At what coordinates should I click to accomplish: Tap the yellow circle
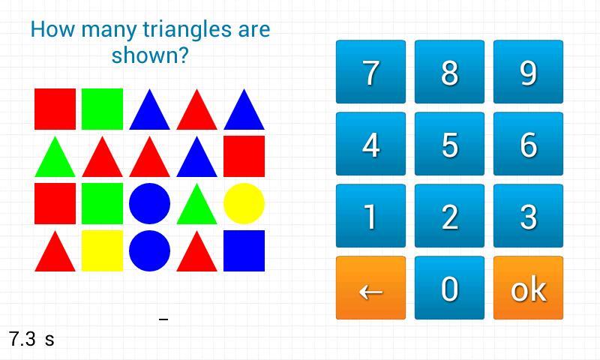244,203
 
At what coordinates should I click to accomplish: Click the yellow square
102,250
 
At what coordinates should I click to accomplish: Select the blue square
244,250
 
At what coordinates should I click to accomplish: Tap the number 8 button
449,71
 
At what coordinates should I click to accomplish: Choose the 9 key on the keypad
529,71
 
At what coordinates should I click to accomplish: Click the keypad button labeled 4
370,143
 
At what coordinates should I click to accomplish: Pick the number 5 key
449,143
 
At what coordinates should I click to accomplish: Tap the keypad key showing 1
370,216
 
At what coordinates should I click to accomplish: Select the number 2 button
449,216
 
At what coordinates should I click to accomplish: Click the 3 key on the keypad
529,216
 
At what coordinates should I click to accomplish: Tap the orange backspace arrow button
370,288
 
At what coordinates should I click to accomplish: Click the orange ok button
529,288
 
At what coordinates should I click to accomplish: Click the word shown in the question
150,55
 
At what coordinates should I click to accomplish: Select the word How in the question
52,29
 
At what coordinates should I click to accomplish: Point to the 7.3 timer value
22,339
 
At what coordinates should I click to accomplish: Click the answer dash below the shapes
163,319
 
